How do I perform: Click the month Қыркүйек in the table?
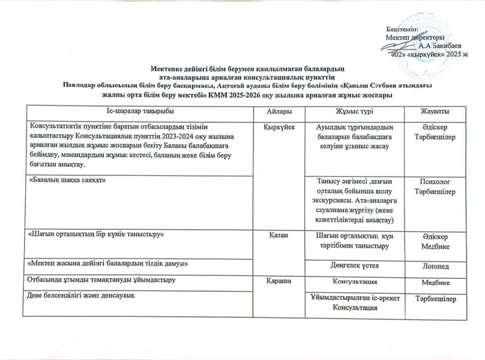coord(279,126)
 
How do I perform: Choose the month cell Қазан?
coord(278,235)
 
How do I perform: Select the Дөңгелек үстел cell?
coord(354,266)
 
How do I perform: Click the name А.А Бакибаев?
coord(440,46)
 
